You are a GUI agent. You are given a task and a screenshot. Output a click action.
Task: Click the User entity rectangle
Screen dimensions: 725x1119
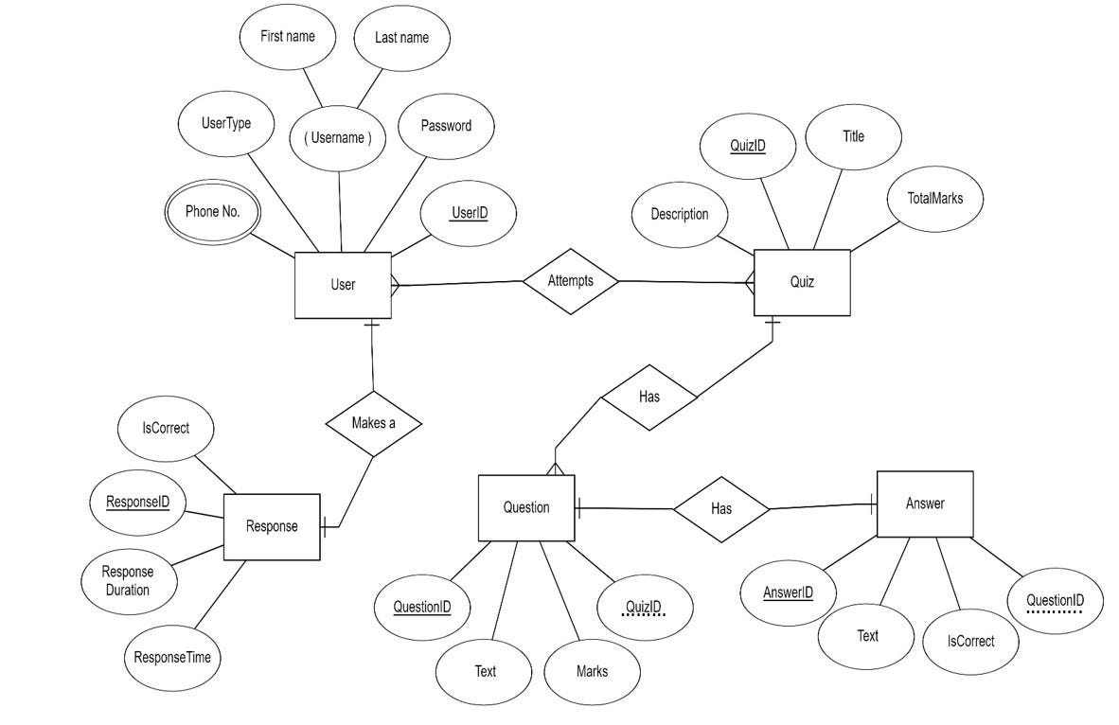[x=343, y=285]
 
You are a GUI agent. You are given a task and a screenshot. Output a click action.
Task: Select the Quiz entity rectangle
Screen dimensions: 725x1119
[x=801, y=282]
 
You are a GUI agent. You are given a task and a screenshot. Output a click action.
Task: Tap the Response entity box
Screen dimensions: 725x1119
[x=272, y=527]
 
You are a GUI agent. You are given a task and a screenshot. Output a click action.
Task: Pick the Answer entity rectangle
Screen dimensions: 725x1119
[x=924, y=504]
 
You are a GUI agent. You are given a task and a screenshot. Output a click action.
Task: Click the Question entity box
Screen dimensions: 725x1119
[x=526, y=508]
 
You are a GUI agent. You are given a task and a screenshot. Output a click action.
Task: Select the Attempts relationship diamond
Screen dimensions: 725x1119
[x=571, y=281]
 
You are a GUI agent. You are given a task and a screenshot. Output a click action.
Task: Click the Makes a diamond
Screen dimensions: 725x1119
[x=373, y=423]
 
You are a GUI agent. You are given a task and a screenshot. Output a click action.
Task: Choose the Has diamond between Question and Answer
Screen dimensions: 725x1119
[x=720, y=509]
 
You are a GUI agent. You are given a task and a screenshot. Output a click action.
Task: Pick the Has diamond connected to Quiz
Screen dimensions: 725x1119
[x=648, y=398]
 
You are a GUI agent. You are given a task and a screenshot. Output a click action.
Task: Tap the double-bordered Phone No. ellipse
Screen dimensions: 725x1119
[x=213, y=212]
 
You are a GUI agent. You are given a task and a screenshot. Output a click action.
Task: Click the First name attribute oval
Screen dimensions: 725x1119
[x=287, y=37]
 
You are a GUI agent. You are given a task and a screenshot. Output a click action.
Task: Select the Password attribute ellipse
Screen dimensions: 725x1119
[x=446, y=126]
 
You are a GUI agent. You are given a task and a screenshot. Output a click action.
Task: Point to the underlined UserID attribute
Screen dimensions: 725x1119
[x=469, y=213]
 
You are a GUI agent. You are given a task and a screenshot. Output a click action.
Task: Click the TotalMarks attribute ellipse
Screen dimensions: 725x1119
[x=935, y=199]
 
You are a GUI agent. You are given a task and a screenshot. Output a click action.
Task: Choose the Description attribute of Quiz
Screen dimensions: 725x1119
[x=679, y=215]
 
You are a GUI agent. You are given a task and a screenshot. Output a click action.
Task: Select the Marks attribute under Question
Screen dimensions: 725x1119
[x=592, y=672]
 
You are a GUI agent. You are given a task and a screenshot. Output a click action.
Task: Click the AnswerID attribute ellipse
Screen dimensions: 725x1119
[x=788, y=593]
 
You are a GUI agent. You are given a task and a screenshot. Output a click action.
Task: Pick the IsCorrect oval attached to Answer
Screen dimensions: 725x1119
[x=970, y=642]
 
